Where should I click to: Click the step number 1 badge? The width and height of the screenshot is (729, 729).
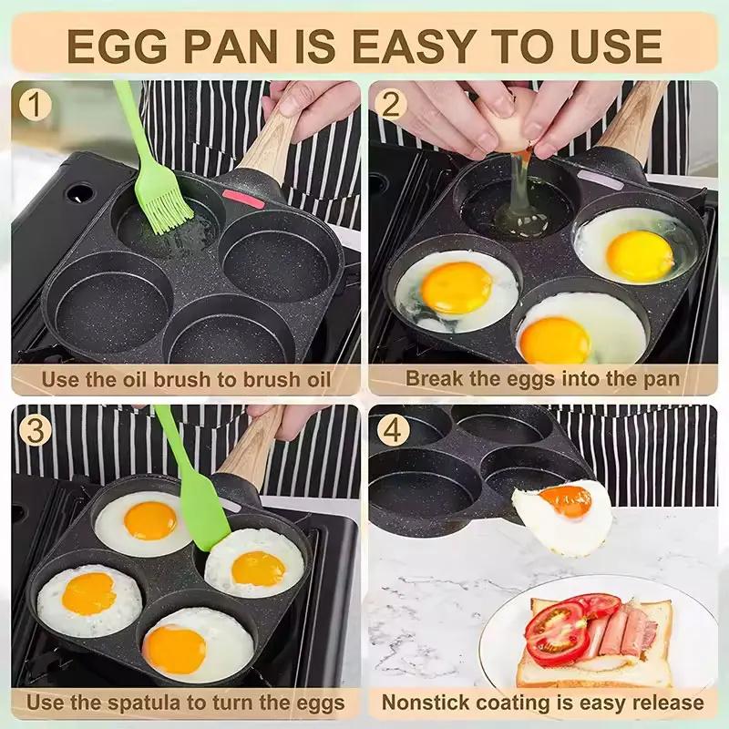pos(35,106)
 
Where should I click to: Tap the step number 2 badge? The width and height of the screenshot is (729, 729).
pos(392,106)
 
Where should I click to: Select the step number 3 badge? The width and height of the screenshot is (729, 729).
pos(35,430)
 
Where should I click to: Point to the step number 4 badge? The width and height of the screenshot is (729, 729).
pos(392,430)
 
